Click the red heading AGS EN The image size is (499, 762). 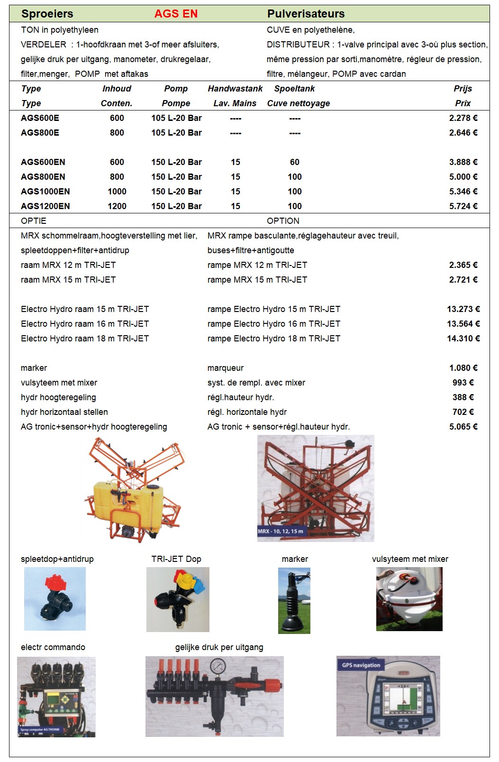pos(176,14)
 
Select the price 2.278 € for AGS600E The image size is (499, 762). pos(463,118)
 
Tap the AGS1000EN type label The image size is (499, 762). pos(45,192)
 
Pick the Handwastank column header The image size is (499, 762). pos(235,89)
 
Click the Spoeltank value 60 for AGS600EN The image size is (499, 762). pos(294,162)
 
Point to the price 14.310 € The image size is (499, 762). pos(463,339)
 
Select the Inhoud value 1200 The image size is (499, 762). pos(117,206)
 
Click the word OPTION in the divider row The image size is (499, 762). pos(283,221)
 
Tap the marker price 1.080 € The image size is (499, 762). pos(463,368)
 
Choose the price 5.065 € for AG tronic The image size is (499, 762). pos(463,427)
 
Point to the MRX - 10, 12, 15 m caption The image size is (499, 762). pos(281,532)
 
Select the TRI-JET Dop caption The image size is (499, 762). pos(176,559)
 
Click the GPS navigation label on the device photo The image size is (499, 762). pos(361,665)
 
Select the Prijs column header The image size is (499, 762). pos(463,89)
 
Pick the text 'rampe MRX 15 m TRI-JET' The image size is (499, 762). pos(257,280)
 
